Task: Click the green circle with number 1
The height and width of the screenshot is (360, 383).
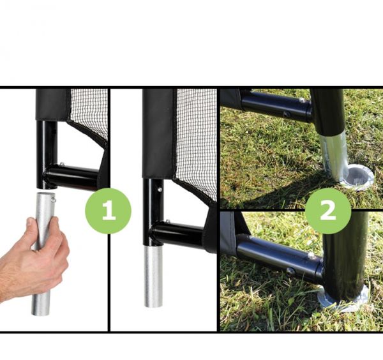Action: tap(108, 211)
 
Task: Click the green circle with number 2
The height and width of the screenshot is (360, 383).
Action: tap(328, 211)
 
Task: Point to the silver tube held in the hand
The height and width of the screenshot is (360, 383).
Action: tap(43, 253)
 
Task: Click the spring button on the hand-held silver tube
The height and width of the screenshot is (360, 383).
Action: tap(54, 200)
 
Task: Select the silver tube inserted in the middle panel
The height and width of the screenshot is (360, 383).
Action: tap(153, 276)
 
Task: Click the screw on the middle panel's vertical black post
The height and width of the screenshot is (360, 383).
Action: tap(160, 190)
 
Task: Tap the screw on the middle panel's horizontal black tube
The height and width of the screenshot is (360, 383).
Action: tap(167, 221)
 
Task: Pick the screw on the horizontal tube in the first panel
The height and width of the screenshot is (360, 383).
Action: tap(61, 165)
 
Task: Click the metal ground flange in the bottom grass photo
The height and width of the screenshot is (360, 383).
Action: tap(345, 299)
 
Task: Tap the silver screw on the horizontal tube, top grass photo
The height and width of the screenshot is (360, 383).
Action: tap(302, 100)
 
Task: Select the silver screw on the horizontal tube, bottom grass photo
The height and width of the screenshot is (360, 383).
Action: tap(311, 256)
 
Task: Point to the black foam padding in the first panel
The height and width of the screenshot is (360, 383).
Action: tap(52, 105)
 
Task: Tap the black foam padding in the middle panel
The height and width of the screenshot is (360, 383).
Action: tap(159, 133)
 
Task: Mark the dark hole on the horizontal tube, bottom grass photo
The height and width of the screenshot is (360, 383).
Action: tap(290, 271)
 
